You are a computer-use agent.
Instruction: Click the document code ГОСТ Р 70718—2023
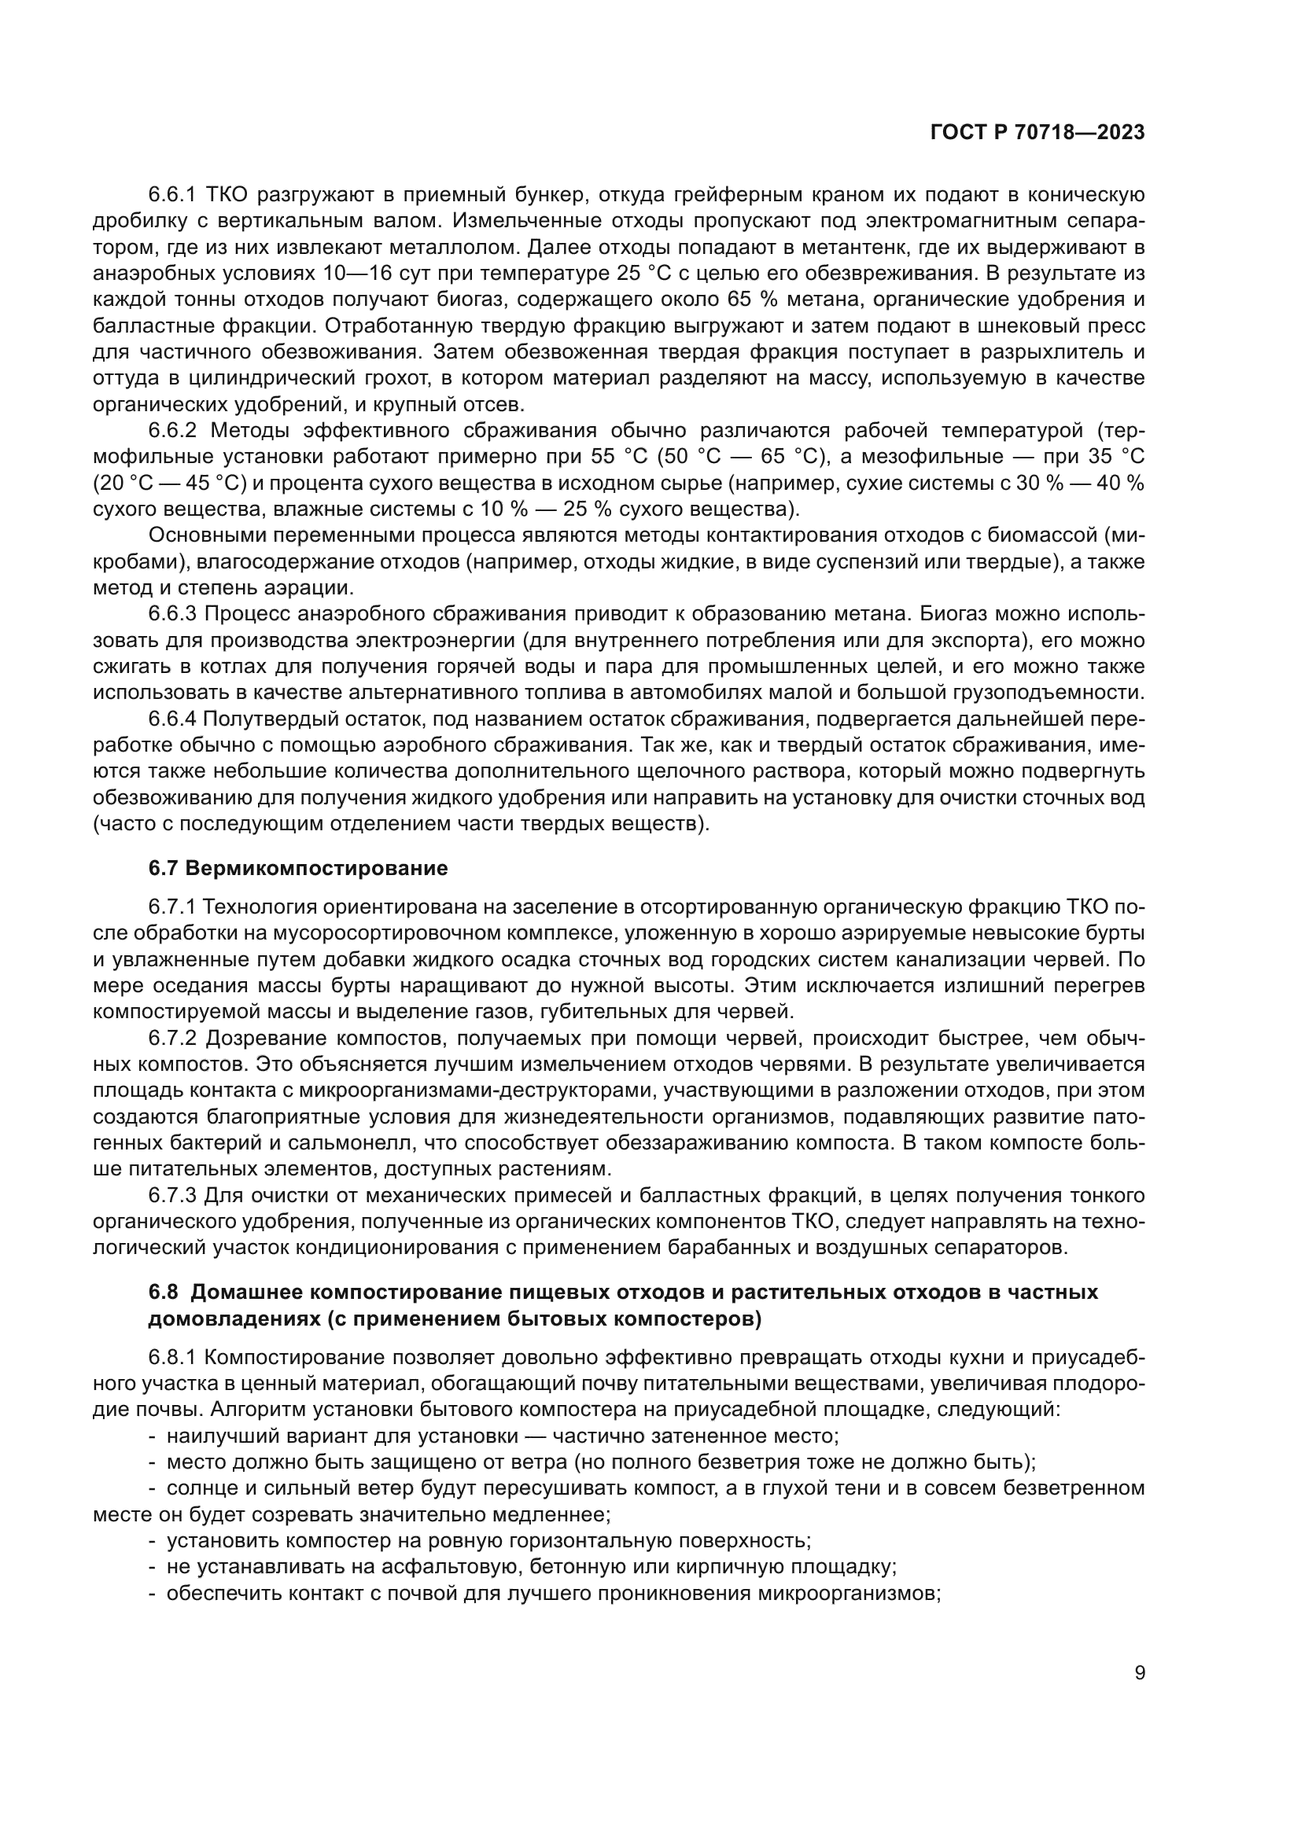[1037, 133]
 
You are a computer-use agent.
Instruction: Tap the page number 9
[1139, 1673]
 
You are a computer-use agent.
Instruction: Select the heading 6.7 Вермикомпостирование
[298, 868]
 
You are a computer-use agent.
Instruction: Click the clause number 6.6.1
[172, 195]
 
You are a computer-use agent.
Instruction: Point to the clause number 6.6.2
[172, 431]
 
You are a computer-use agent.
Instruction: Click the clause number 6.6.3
[172, 614]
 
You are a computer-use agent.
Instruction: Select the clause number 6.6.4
[172, 719]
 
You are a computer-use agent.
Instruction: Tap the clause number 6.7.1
[172, 907]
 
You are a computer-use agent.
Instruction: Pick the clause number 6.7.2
[172, 1039]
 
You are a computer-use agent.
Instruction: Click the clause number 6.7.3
[172, 1196]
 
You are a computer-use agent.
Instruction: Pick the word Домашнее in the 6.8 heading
[245, 1293]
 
